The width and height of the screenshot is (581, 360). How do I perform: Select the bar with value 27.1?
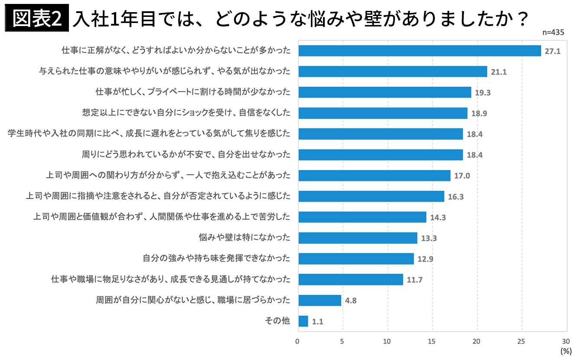click(x=420, y=51)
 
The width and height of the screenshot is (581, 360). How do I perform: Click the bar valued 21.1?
click(x=393, y=72)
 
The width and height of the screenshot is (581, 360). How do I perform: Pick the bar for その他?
click(x=303, y=321)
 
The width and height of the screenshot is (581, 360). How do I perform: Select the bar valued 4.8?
click(x=320, y=300)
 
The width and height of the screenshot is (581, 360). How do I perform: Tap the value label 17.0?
click(x=462, y=176)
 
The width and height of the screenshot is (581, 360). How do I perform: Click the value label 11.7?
click(x=415, y=280)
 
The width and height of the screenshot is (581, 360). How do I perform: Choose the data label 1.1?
click(x=318, y=322)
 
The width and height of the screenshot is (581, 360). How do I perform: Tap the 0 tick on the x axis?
click(x=297, y=341)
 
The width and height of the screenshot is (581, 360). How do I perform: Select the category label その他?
click(x=277, y=321)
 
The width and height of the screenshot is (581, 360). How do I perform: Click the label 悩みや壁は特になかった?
click(x=244, y=238)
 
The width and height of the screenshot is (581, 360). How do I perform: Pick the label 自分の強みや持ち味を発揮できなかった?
click(x=216, y=259)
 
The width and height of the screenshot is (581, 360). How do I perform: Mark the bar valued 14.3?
click(x=362, y=217)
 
